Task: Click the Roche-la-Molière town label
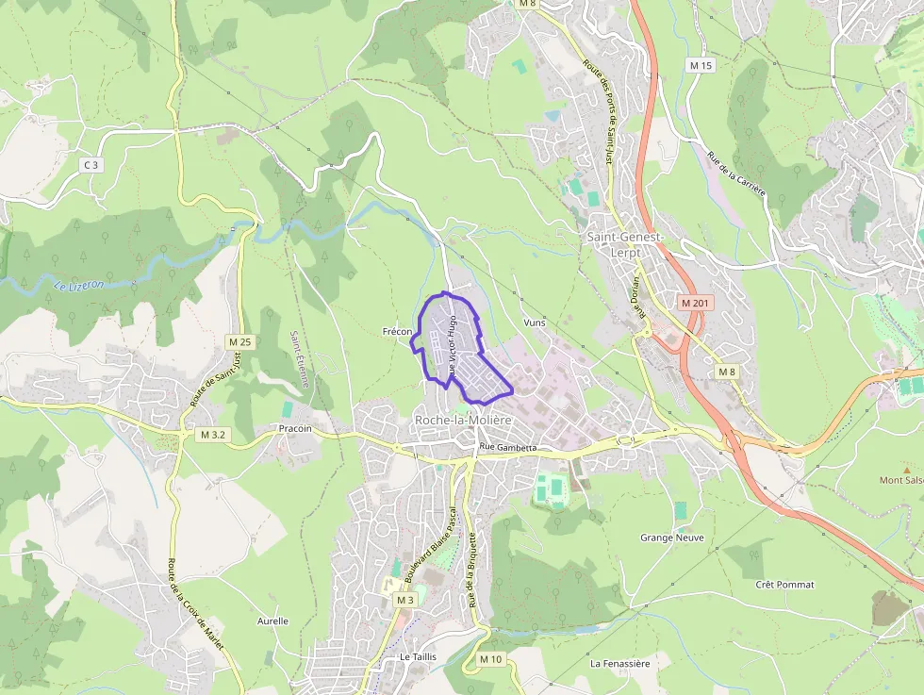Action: [x=463, y=420]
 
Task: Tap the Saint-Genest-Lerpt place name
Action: [x=626, y=242]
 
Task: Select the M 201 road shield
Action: [x=697, y=304]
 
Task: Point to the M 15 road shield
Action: [x=701, y=65]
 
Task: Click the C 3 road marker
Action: [x=91, y=165]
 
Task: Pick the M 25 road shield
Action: [x=239, y=341]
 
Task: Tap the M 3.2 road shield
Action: [x=213, y=435]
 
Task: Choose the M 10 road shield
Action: [x=490, y=659]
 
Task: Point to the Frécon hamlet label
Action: [x=398, y=332]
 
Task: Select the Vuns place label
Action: [x=534, y=323]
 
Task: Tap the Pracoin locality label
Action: [x=295, y=428]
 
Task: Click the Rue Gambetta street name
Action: [x=507, y=447]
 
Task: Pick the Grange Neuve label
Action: [x=671, y=538]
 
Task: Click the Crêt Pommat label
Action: [x=784, y=585]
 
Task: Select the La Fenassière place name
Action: [x=619, y=664]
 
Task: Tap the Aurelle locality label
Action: [x=272, y=621]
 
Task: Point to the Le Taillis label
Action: [x=417, y=656]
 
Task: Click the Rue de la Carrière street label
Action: [x=736, y=174]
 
